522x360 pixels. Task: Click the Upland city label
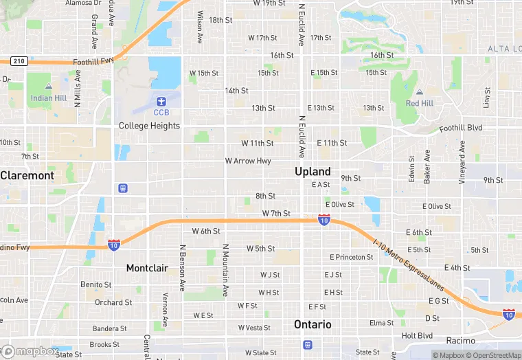[313, 171]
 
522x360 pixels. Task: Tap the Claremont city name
[27, 175]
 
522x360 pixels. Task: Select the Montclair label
[147, 268]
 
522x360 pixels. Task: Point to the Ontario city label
[313, 324]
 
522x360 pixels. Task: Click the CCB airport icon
[161, 101]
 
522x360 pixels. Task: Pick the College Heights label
[149, 126]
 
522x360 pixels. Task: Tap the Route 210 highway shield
[19, 61]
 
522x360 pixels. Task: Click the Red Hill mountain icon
[419, 92]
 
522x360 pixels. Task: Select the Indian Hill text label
[49, 98]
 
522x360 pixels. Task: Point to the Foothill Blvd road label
[461, 128]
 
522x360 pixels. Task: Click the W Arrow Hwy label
[248, 161]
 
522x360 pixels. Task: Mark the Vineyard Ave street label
[463, 162]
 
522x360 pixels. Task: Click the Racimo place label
[459, 341]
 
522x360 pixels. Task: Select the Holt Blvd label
[418, 336]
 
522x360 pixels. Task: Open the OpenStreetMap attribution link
[492, 355]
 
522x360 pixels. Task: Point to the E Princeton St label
[351, 257]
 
